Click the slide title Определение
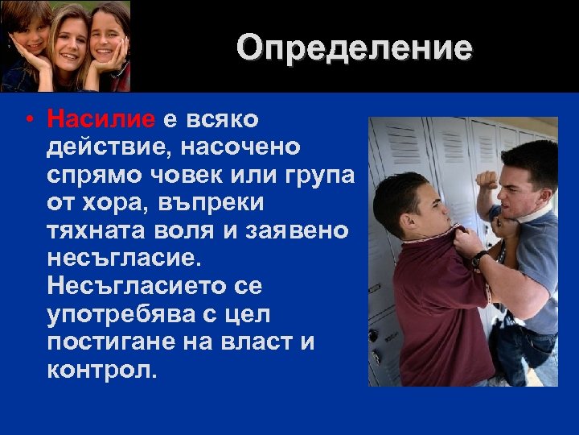pyautogui.click(x=355, y=49)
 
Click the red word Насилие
pyautogui.click(x=101, y=120)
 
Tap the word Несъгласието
pyautogui.click(x=132, y=286)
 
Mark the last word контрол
pyautogui.click(x=103, y=370)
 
